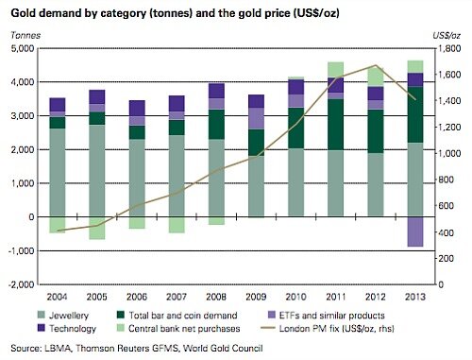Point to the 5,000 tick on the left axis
point(22,49)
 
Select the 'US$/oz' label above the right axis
point(451,36)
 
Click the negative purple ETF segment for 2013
point(414,231)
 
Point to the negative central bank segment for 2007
point(136,225)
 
